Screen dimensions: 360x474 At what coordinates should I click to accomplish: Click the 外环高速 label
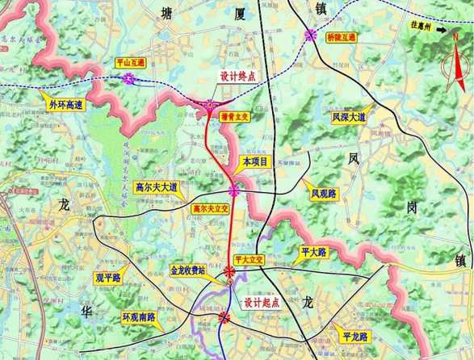[x=65, y=104]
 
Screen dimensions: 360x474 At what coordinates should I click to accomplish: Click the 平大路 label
[x=313, y=252]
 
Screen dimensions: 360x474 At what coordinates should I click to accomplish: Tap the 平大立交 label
[x=247, y=259]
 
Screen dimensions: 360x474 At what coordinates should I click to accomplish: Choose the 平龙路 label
[x=354, y=335]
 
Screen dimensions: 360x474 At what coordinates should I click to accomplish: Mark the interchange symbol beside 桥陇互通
[x=312, y=34]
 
